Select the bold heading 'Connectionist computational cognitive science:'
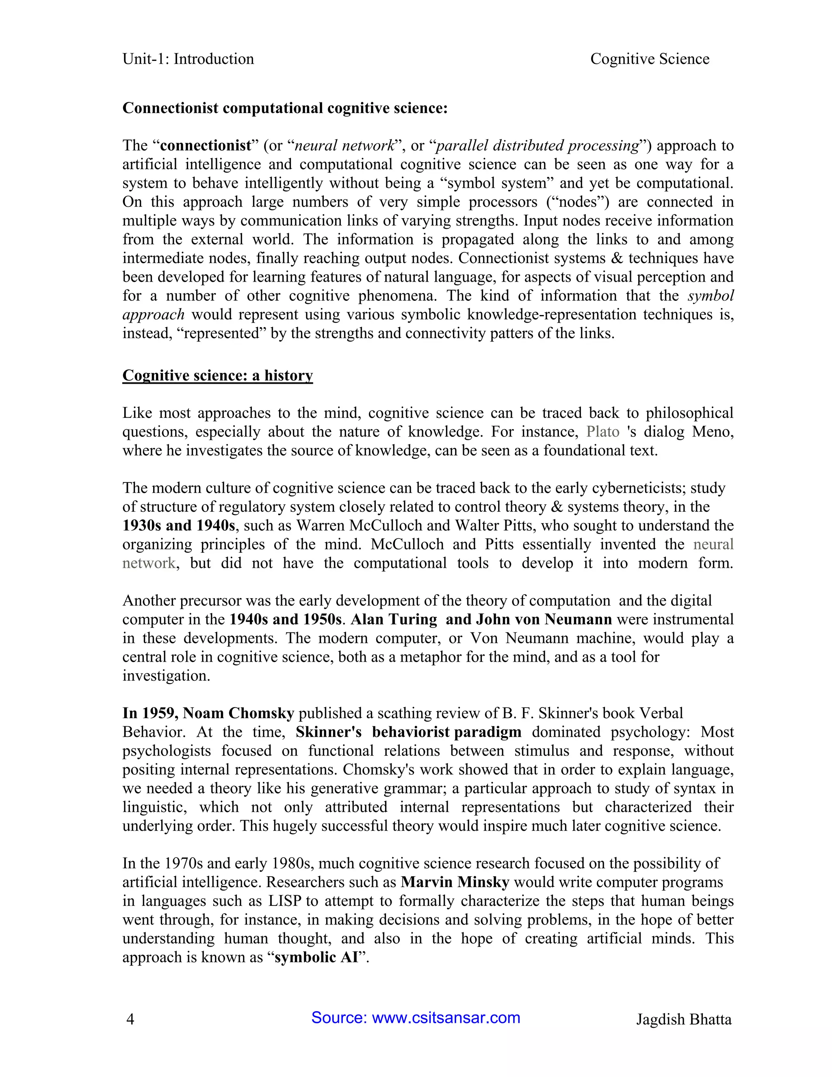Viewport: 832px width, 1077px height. coord(284,108)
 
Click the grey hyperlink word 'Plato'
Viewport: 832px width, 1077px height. coord(602,432)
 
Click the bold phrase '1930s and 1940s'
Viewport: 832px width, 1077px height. coord(179,525)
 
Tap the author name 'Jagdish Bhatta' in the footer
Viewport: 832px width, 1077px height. coord(683,1019)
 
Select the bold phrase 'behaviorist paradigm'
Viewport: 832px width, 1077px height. coord(446,732)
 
